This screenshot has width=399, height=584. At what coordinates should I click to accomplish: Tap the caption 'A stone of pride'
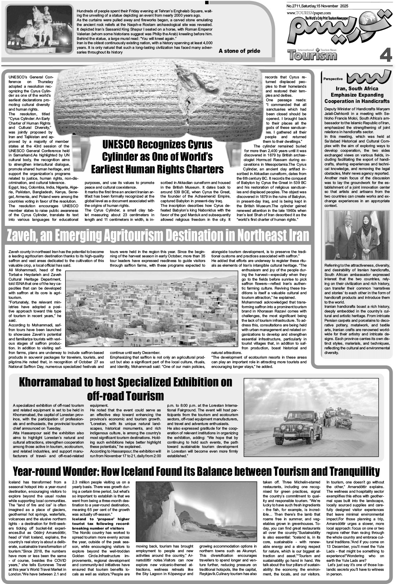[239, 51]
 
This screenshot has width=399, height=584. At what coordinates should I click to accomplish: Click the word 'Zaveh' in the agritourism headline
[22, 236]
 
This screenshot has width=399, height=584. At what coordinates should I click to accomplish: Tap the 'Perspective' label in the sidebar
[333, 79]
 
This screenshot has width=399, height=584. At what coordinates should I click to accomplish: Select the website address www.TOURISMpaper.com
[307, 13]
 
